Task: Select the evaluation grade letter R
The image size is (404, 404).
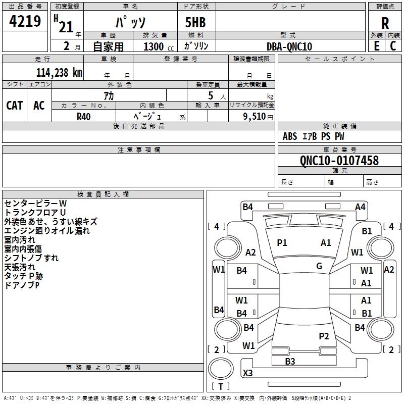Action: coord(385,23)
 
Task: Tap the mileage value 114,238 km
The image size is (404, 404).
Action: coord(59,72)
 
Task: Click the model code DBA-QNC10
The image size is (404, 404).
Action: coord(289,46)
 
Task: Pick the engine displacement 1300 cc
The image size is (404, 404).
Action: coord(156,46)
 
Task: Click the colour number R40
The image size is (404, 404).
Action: coord(83,116)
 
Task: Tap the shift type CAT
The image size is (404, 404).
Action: coord(14,105)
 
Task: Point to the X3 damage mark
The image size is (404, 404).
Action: coord(248,373)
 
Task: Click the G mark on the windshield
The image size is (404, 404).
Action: coord(319,266)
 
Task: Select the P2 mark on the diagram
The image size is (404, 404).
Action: coord(324,336)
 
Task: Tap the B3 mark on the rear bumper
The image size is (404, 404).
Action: coord(290,361)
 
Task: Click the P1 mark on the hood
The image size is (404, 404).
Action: coord(282,243)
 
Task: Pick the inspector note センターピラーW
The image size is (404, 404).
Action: coord(35,203)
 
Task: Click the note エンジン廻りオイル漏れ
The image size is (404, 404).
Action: coord(47,231)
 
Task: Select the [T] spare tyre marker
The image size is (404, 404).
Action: coord(221,386)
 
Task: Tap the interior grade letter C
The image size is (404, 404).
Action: coord(393,46)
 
